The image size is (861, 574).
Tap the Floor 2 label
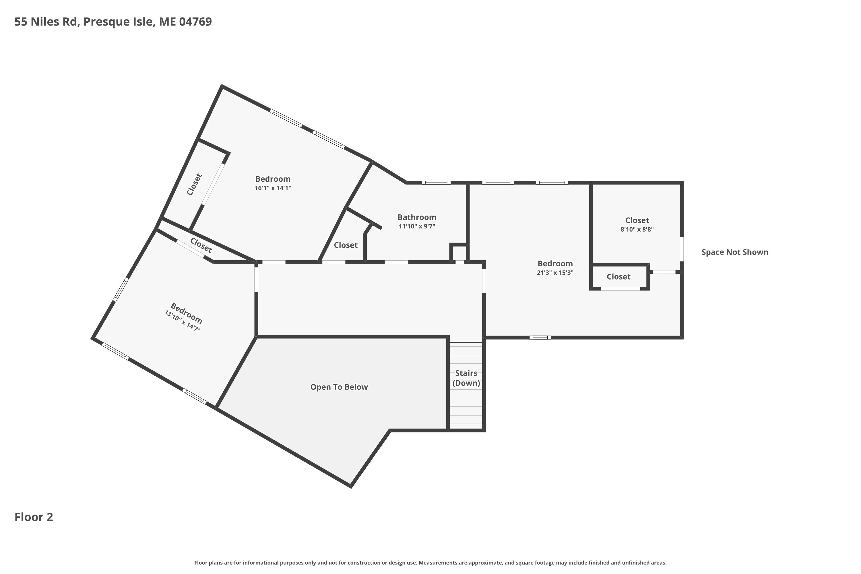click(34, 517)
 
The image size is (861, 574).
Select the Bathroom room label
click(417, 217)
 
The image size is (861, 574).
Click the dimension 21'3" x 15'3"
click(555, 273)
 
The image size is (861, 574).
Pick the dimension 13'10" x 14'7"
click(183, 321)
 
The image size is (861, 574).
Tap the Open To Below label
click(339, 387)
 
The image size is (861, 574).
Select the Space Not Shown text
click(735, 252)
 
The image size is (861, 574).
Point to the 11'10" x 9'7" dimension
click(417, 226)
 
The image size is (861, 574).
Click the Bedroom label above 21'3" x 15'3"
click(555, 263)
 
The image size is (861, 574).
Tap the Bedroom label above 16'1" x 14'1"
click(273, 179)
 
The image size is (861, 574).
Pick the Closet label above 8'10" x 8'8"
click(637, 220)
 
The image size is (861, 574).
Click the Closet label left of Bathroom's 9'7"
click(346, 245)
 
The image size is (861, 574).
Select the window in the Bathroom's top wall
click(436, 183)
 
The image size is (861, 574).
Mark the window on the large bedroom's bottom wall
click(540, 338)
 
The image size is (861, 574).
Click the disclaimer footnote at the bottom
click(430, 563)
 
